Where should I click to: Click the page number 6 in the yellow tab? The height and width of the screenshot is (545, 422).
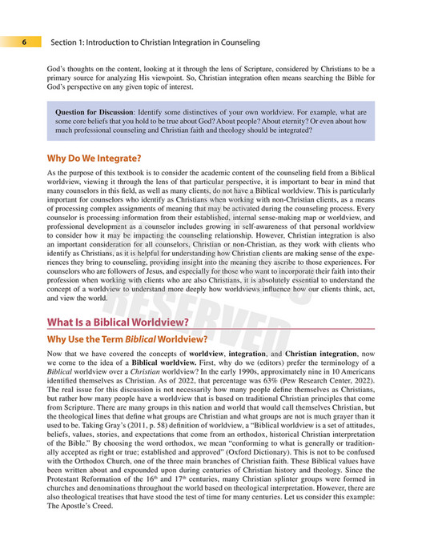[x=25, y=42]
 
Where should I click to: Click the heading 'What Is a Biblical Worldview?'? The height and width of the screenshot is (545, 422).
[x=118, y=323]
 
